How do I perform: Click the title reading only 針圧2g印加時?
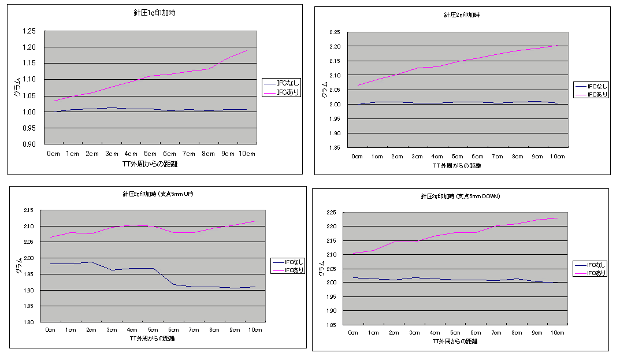[461, 15]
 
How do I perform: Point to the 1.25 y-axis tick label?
[28, 31]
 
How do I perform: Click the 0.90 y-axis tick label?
[28, 144]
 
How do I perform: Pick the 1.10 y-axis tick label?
[28, 79]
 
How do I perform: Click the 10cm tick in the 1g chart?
[246, 154]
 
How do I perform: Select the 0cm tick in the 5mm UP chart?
[51, 330]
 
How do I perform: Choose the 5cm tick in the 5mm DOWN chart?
[455, 333]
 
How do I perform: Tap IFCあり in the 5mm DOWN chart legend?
[596, 273]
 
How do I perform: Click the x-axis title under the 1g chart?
[150, 164]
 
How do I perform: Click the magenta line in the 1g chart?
[150, 76]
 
